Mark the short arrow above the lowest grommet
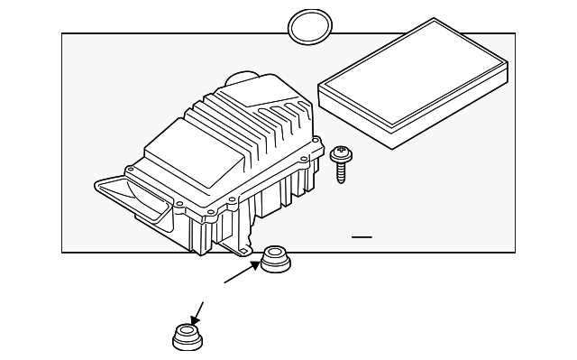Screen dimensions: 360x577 [197, 311]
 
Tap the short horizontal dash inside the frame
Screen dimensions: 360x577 [362, 236]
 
